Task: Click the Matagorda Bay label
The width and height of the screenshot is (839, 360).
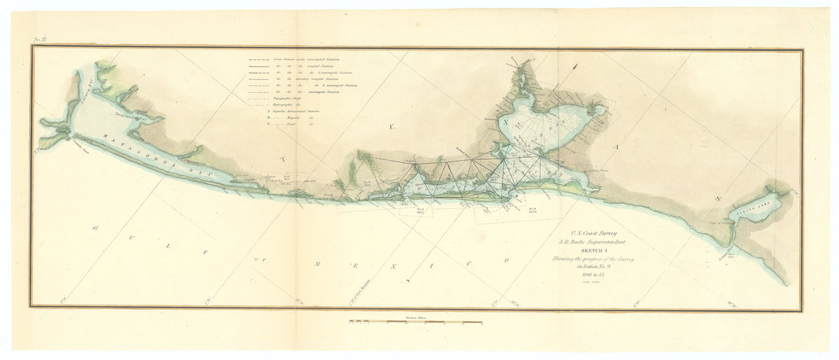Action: pyautogui.click(x=132, y=147)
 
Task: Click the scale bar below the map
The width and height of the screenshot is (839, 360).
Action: pyautogui.click(x=416, y=322)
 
